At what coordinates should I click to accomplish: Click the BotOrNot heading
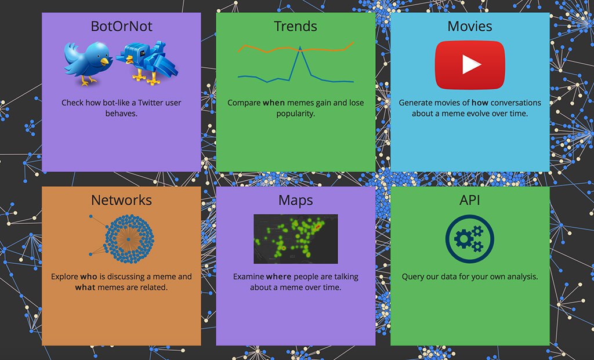[121, 26]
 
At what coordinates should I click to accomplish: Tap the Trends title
[295, 26]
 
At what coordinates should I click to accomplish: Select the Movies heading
[470, 26]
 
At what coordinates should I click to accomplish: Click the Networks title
[121, 200]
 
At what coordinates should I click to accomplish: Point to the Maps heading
[295, 200]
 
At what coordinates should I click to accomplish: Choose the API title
[470, 200]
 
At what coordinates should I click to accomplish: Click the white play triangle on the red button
[471, 65]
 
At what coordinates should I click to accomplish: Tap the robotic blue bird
[147, 63]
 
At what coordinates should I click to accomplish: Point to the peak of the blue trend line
[300, 47]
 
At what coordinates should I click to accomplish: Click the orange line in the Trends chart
[296, 49]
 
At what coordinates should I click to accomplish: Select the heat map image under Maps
[295, 239]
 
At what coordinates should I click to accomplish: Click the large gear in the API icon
[463, 239]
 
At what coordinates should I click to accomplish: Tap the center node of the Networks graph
[129, 239]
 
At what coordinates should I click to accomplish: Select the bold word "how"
[480, 103]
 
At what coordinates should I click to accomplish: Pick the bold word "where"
[279, 277]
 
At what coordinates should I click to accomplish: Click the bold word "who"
[89, 277]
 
